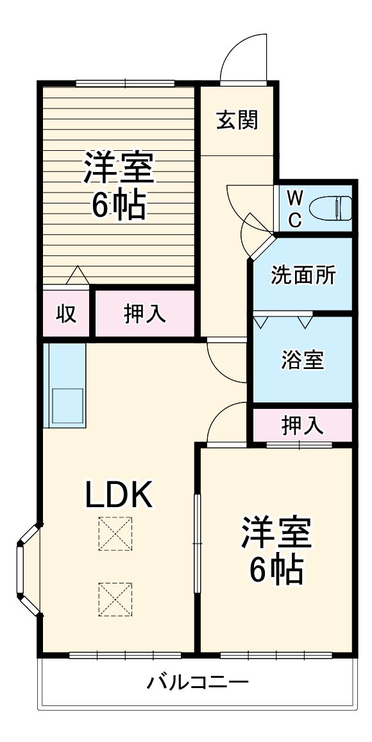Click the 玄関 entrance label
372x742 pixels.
tap(237, 120)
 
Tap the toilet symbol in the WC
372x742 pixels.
tap(331, 208)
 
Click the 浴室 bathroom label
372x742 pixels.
tap(302, 360)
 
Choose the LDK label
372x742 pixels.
tap(119, 494)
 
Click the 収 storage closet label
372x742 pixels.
tap(66, 314)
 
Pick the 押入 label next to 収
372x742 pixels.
tap(145, 314)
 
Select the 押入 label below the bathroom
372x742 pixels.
tap(302, 425)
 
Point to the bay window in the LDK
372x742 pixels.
tap(26, 569)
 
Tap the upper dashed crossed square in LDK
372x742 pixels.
tap(115, 533)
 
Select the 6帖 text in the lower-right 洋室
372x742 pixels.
tap(276, 568)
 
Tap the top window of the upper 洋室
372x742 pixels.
tap(125, 82)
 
